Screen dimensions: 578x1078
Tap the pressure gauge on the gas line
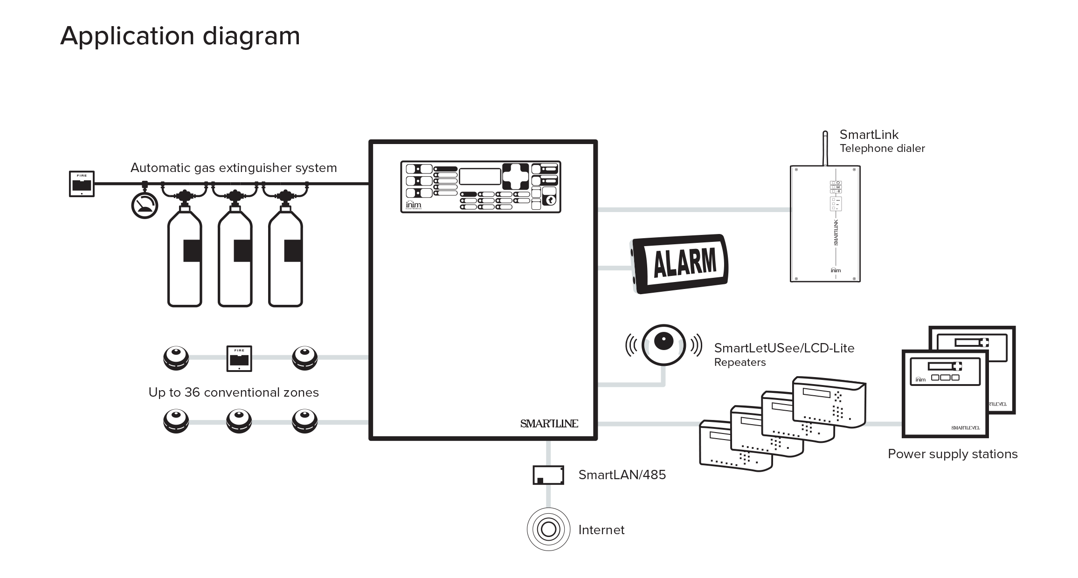pyautogui.click(x=145, y=206)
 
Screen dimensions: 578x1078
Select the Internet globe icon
pyautogui.click(x=548, y=530)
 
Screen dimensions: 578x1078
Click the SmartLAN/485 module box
pyautogui.click(x=548, y=475)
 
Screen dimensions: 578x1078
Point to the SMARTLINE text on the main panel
pyautogui.click(x=549, y=423)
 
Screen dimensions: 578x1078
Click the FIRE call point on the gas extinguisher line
pyautogui.click(x=82, y=184)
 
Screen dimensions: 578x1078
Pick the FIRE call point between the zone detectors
pyautogui.click(x=239, y=358)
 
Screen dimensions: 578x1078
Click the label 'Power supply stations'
pyautogui.click(x=952, y=454)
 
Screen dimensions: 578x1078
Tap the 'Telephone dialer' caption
pyautogui.click(x=882, y=149)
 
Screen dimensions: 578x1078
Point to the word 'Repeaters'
pyautogui.click(x=739, y=363)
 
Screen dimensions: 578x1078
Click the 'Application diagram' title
pyautogui.click(x=180, y=36)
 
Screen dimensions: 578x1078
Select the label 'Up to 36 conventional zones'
pyautogui.click(x=234, y=392)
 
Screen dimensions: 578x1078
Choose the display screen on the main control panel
pyautogui.click(x=480, y=177)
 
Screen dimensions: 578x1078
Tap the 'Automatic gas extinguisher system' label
pyautogui.click(x=234, y=168)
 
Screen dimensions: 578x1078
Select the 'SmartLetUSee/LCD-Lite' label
pyautogui.click(x=784, y=348)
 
